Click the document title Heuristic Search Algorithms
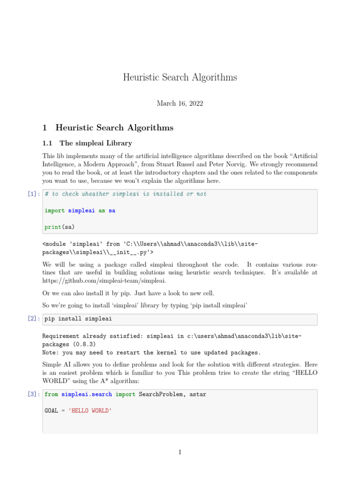click(x=180, y=77)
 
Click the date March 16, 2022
click(x=180, y=104)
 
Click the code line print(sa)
click(x=60, y=227)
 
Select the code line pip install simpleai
click(x=78, y=319)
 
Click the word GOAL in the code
click(x=52, y=410)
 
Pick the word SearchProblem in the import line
click(x=159, y=395)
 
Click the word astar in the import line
click(x=196, y=395)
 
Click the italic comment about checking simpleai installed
click(x=125, y=194)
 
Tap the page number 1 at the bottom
click(x=180, y=452)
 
